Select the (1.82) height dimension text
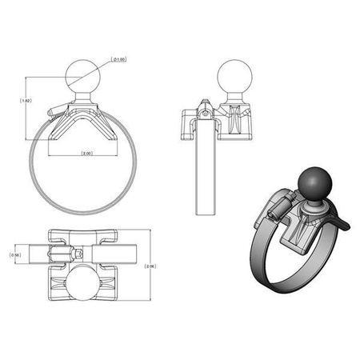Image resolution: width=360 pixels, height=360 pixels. pos(25,102)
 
